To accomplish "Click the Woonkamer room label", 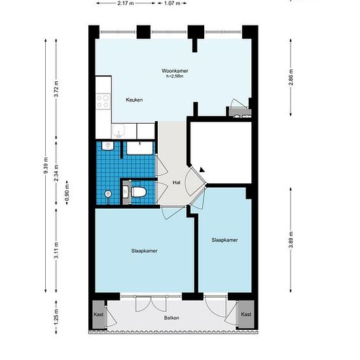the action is point(175,71).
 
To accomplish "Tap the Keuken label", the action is point(134,99).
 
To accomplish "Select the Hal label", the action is point(176,183).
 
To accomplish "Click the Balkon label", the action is point(171,317).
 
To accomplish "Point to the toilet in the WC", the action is point(138,192).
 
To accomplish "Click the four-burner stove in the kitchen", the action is point(103,101).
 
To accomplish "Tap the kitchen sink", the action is point(118,131).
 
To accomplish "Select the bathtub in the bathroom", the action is point(139,148).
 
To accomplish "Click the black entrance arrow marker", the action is point(202,170).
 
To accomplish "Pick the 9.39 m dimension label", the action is point(45,166).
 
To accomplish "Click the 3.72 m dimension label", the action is point(56,88).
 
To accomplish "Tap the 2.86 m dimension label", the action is point(291,77).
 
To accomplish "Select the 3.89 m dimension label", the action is point(291,240).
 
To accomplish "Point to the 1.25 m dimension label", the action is point(56,317).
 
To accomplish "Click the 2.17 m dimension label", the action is point(126,3).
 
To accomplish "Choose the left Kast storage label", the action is point(98,314).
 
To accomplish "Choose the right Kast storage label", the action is point(246,314).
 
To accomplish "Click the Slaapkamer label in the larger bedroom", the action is point(144,251).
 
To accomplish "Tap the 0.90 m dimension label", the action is point(67,192).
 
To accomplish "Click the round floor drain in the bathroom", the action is point(108,194).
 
